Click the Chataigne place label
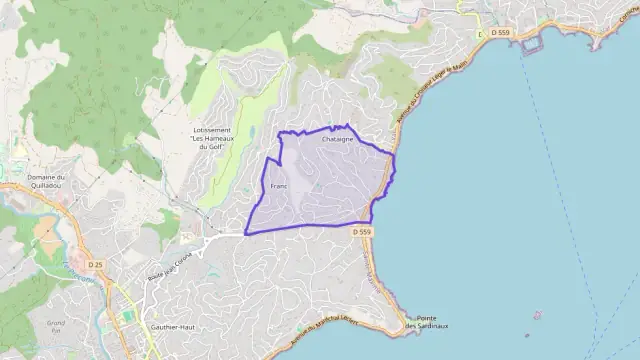tap(337, 140)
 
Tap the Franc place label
tap(279, 186)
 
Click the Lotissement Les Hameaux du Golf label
tap(211, 139)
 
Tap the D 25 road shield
tap(95, 264)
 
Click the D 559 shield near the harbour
tap(500, 33)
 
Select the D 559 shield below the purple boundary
tap(362, 232)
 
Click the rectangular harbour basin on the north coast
tap(530, 42)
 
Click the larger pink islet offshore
tap(537, 316)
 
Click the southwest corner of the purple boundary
tap(245, 234)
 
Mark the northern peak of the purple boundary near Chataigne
tap(347, 125)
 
